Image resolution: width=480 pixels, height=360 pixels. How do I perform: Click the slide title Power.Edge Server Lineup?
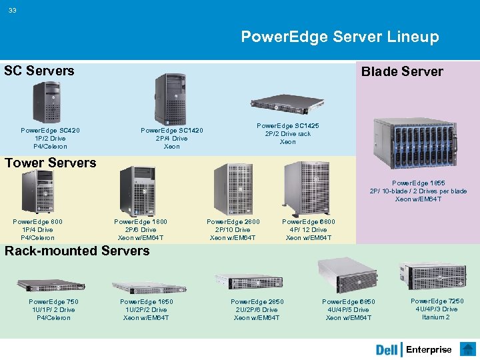(339, 37)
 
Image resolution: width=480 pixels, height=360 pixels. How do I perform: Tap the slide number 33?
(13, 9)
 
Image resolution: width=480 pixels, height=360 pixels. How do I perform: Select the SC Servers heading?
(39, 71)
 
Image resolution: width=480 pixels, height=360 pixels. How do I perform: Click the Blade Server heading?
(401, 72)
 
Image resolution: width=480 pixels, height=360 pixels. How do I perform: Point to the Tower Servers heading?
(51, 163)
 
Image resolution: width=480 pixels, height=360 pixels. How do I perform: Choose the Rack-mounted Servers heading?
(77, 251)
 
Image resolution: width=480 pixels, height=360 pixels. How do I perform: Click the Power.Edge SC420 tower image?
(46, 102)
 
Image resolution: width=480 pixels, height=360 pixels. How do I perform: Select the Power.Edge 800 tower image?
(37, 191)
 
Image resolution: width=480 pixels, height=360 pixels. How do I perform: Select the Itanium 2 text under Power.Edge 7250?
(436, 317)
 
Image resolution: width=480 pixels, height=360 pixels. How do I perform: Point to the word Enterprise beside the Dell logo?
(429, 350)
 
